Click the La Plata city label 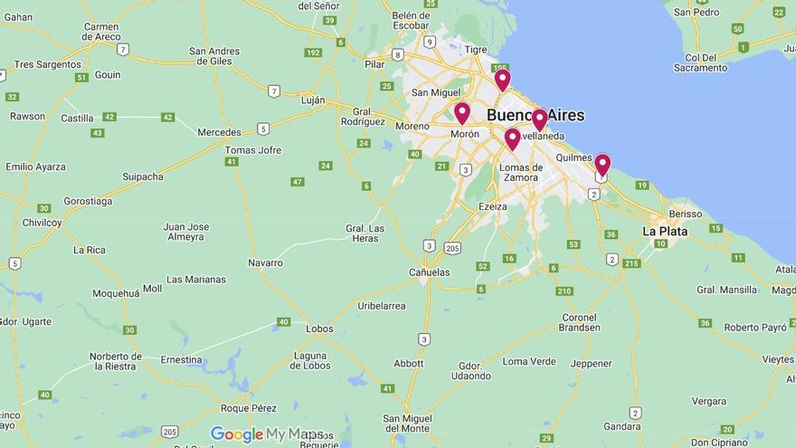665,231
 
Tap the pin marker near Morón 461,113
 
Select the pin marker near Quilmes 602,165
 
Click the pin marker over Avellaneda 539,119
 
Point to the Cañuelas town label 429,272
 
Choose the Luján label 313,100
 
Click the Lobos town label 319,329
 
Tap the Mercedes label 220,132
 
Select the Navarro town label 265,262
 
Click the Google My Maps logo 266,434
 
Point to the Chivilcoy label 43,222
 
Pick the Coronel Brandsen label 580,322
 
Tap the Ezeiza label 492,206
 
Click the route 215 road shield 631,263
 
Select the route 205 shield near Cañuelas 452,247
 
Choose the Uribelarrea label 382,306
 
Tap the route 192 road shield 314,52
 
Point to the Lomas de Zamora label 520,172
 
